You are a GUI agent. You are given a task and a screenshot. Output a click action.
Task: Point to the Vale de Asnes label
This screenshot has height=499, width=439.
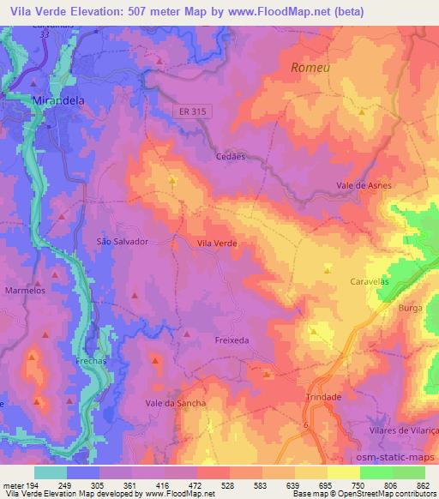[x=364, y=185]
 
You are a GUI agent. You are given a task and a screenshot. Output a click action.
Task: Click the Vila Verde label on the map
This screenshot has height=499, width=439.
[x=217, y=243]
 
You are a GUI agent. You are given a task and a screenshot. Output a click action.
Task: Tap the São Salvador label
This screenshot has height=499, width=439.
[x=123, y=242]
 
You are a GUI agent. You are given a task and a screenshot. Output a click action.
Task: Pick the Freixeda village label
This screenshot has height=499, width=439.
[x=231, y=340]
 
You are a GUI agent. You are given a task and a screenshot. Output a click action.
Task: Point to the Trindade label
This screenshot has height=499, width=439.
[x=323, y=397]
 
